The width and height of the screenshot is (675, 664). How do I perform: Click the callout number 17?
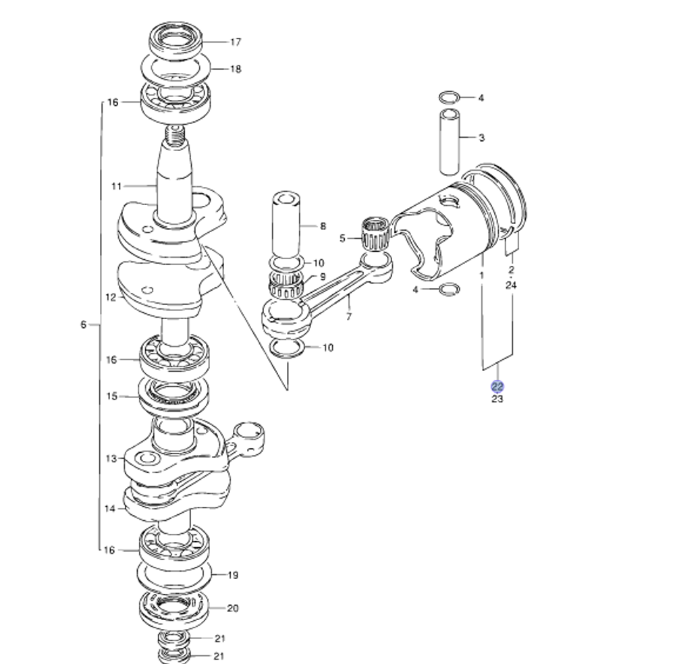coord(235,42)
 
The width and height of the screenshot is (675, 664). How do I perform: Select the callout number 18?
coord(235,69)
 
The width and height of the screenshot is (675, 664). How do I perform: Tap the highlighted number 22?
coord(497,387)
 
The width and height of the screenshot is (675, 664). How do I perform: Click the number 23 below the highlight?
coord(497,399)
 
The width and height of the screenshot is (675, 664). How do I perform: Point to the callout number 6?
coord(83,325)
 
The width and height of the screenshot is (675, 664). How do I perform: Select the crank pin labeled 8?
coord(287,226)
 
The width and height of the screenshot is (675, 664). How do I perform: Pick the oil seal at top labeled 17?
coord(175,42)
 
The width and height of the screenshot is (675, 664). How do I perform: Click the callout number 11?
coord(116,186)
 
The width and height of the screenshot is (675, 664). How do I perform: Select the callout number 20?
coord(232,608)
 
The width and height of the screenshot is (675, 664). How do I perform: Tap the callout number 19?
coord(232,576)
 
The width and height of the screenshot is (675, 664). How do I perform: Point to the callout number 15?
coord(112,396)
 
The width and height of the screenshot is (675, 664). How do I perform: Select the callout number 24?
coord(511,285)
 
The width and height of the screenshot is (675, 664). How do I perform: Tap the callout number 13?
coord(111,459)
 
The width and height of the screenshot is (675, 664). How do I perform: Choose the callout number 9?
coord(323,276)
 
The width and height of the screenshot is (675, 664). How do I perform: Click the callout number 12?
coord(111,297)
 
